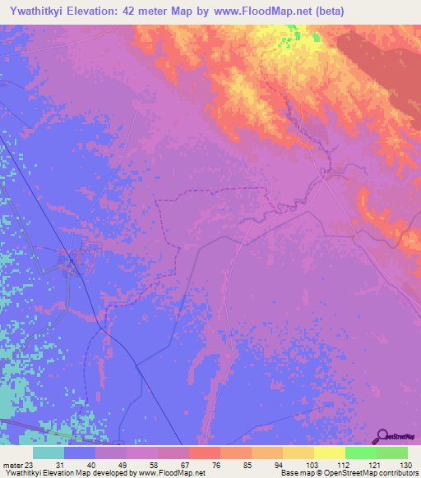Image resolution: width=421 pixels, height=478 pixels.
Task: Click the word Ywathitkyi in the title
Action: point(38,11)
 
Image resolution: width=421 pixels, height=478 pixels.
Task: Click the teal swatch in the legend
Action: point(49,453)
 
